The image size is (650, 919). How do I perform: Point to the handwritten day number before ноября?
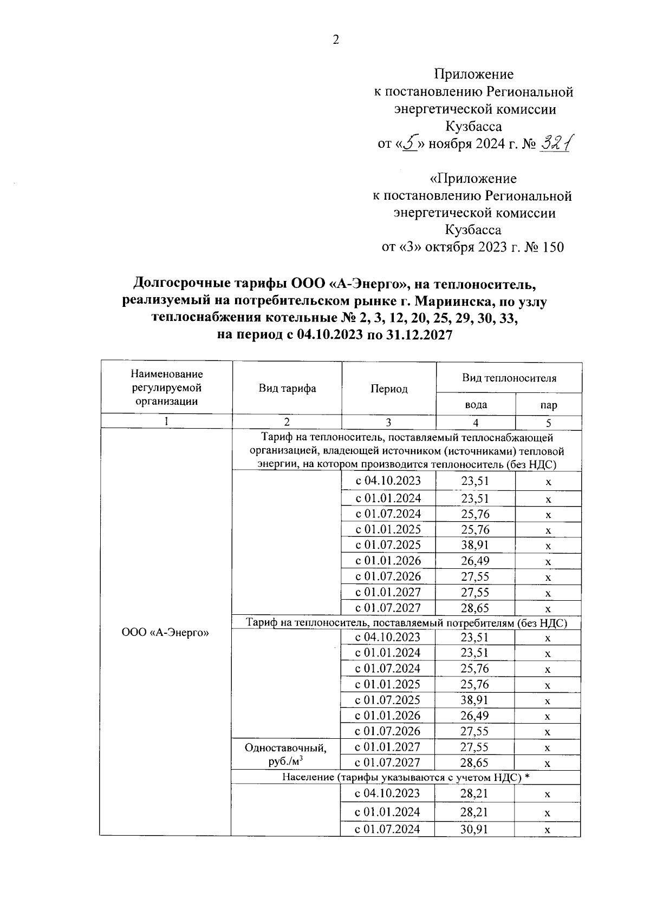(x=410, y=143)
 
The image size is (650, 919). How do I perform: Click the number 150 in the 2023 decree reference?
(x=552, y=247)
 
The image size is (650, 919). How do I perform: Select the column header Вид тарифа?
(x=287, y=389)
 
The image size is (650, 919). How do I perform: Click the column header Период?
(x=388, y=389)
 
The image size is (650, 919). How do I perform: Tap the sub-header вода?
(x=476, y=404)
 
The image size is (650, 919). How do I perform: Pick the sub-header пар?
(x=548, y=405)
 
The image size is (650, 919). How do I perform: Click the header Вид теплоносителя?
(x=509, y=378)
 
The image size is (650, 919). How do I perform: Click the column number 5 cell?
(x=548, y=423)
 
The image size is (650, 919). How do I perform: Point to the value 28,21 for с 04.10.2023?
(x=474, y=793)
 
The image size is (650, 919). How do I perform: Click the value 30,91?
(x=474, y=829)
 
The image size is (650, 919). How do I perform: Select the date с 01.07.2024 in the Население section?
(x=387, y=829)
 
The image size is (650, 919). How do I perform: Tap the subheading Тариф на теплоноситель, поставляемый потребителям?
(x=406, y=622)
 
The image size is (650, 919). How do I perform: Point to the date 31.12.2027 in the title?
(x=419, y=334)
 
